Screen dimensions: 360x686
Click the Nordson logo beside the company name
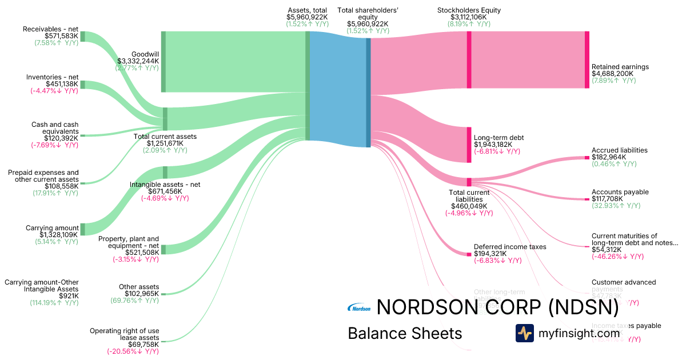tap(359, 309)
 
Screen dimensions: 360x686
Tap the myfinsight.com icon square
tap(524, 333)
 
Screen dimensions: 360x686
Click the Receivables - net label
tap(51, 29)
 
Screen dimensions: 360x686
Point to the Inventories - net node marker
tap(82, 85)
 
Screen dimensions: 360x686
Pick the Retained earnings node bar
tap(587, 60)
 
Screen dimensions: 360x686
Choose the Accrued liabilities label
tap(619, 150)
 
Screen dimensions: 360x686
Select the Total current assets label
tap(165, 137)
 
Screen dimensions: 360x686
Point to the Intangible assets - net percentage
tap(150, 198)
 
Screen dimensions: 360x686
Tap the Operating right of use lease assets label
tap(124, 334)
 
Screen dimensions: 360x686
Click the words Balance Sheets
tap(404, 333)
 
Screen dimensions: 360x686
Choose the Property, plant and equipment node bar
tap(163, 249)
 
